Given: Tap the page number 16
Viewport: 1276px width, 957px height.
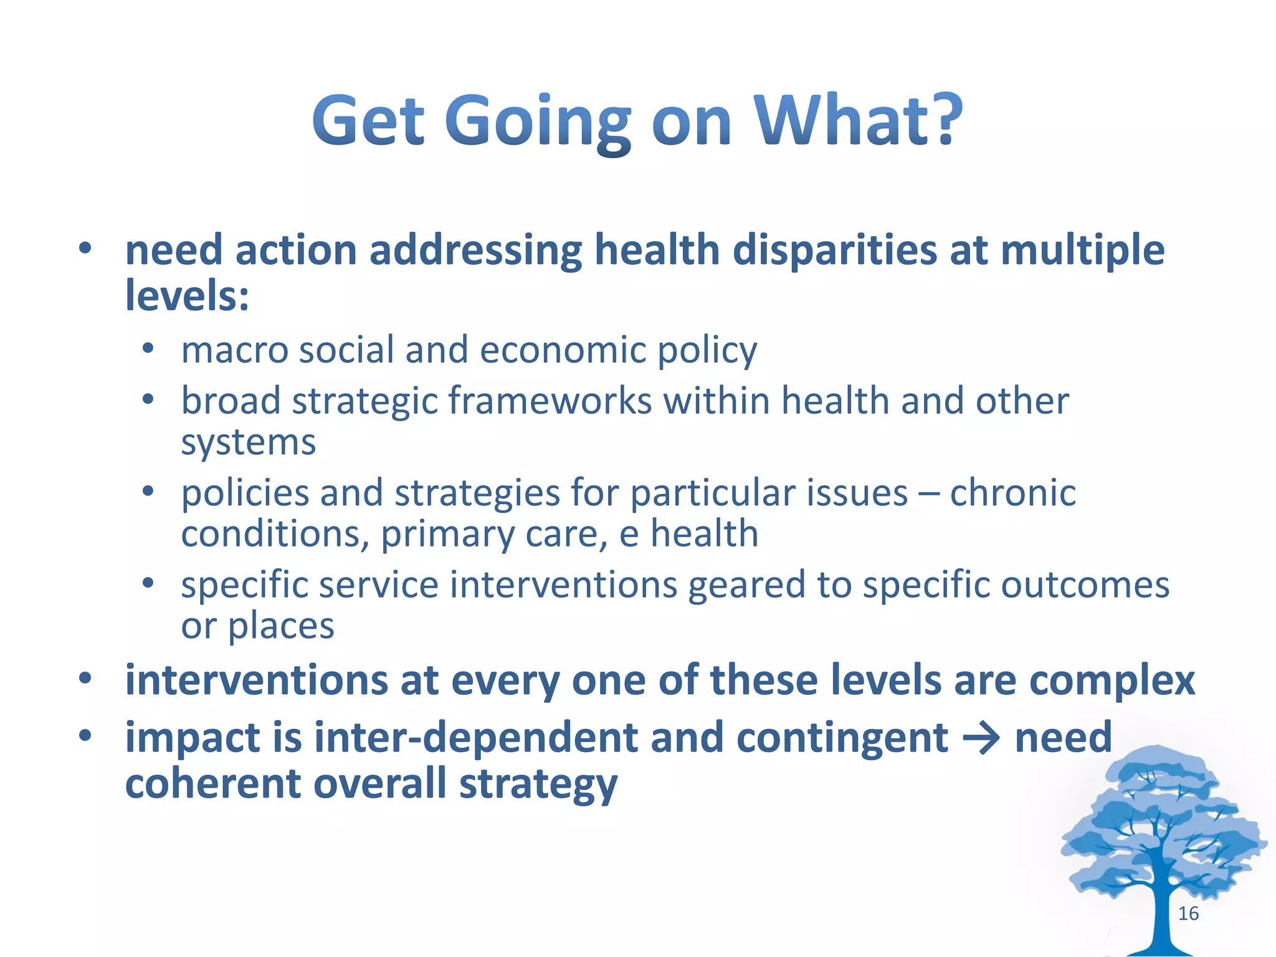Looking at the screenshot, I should tap(1188, 913).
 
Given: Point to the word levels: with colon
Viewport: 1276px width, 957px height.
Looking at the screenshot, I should tap(187, 295).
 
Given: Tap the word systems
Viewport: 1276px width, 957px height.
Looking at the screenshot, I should tap(248, 443).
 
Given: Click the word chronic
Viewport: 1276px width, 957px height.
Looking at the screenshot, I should tap(1012, 493).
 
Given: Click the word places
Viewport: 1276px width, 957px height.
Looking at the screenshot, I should tap(281, 627).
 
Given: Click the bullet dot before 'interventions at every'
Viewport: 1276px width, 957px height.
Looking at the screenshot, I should tap(85, 678).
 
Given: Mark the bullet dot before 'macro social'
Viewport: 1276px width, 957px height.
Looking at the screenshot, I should tap(148, 349).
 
